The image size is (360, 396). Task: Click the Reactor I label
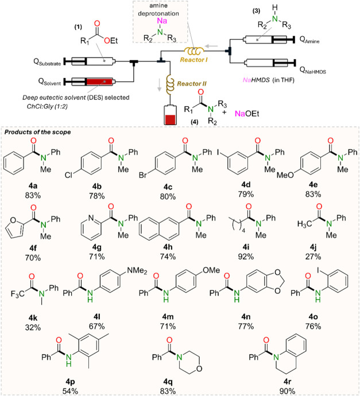click(x=193, y=60)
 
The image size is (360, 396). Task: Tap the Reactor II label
click(x=192, y=84)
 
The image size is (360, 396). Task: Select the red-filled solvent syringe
click(x=90, y=81)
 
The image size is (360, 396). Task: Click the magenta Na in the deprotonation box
click(x=162, y=21)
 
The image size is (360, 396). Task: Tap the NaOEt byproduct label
click(x=247, y=114)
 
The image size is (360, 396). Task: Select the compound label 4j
click(x=313, y=247)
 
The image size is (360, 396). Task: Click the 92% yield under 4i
click(x=246, y=257)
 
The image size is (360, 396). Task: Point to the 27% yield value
click(x=313, y=257)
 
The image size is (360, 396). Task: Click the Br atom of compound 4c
click(x=143, y=175)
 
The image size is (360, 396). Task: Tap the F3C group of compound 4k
click(x=18, y=294)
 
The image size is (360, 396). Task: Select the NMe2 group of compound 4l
click(x=137, y=271)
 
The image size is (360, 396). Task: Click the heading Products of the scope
click(x=38, y=132)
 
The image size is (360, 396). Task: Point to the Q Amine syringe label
click(x=309, y=40)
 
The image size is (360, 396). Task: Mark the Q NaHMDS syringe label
click(x=313, y=70)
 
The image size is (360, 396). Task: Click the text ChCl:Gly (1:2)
click(x=47, y=106)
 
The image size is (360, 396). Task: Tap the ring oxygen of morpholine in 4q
click(x=199, y=368)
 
